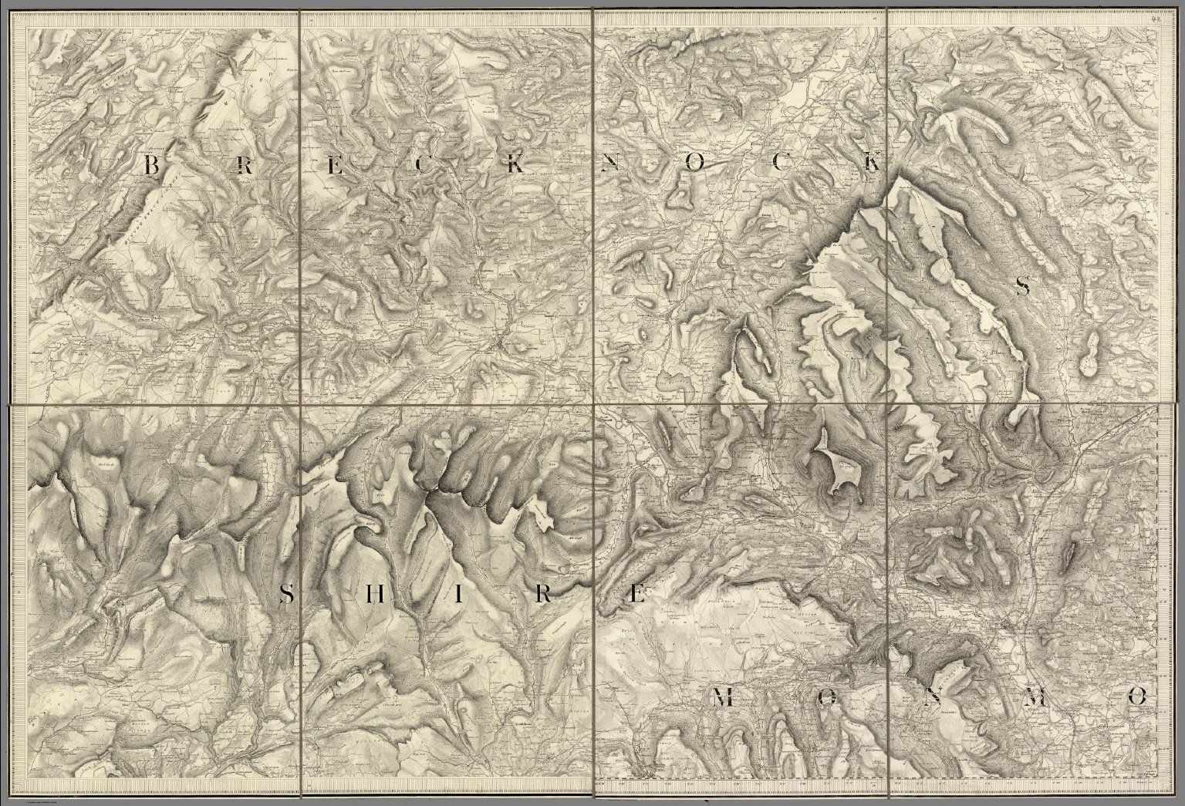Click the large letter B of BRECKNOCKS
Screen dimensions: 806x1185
point(152,164)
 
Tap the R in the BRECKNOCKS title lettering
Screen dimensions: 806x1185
point(243,164)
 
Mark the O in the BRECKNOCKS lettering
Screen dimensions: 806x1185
point(696,163)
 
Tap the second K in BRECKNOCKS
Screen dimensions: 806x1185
point(871,163)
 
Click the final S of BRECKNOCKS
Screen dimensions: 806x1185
point(1023,288)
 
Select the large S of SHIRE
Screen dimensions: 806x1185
point(285,595)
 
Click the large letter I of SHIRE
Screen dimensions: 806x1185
point(457,595)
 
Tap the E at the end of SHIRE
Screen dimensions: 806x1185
point(634,595)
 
